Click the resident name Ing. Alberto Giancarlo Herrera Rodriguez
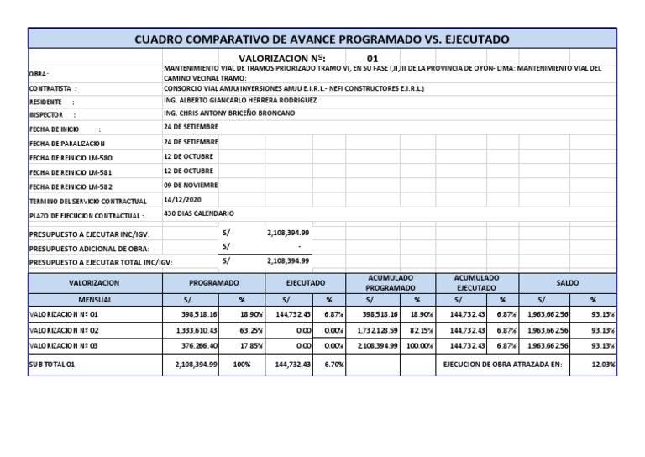point(240,100)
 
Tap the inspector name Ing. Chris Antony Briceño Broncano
point(229,113)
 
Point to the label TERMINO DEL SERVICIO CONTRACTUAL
point(88,202)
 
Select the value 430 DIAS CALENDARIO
point(199,214)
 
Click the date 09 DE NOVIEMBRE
point(191,185)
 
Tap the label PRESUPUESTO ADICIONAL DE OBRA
point(90,249)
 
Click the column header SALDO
point(567,284)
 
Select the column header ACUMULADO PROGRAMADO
point(391,283)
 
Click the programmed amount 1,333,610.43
point(195,330)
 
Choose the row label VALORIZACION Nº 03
point(64,345)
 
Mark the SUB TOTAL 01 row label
point(53,365)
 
